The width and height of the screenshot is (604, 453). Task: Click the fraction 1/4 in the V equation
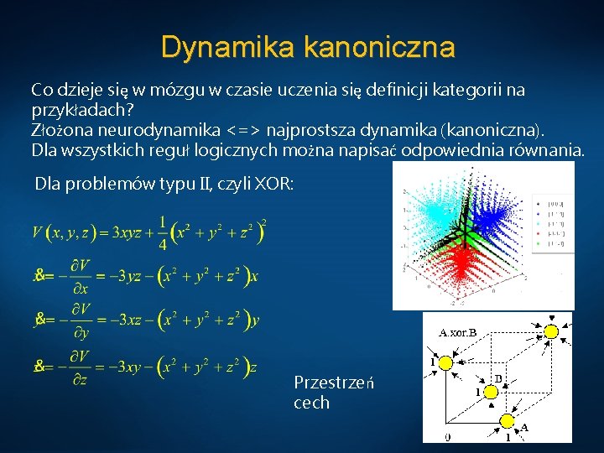coord(162,232)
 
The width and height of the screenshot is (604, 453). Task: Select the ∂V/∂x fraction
coord(80,274)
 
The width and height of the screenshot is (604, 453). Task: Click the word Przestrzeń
coord(333,383)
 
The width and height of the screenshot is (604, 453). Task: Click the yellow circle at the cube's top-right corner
coord(550,331)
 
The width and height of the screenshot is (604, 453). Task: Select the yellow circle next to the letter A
coord(508,420)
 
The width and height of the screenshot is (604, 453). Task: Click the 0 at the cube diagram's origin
coord(447,437)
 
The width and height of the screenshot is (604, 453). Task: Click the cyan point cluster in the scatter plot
coord(427,216)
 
